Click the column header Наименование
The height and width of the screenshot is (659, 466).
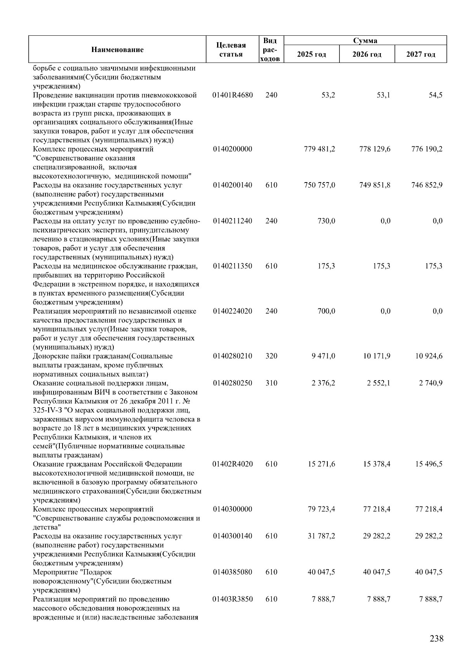pyautogui.click(x=117, y=49)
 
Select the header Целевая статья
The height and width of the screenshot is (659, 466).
pyautogui.click(x=231, y=50)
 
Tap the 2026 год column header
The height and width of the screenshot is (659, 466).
pyautogui.click(x=367, y=54)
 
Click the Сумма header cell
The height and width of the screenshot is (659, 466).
pyautogui.click(x=365, y=40)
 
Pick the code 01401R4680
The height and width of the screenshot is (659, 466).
pyautogui.click(x=233, y=95)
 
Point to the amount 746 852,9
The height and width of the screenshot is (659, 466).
pyautogui.click(x=427, y=185)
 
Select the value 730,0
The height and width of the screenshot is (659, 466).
pyautogui.click(x=327, y=221)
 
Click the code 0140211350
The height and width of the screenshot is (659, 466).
pyautogui.click(x=233, y=266)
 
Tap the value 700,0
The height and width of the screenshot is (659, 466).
pyautogui.click(x=327, y=311)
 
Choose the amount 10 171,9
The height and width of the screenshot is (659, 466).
pyautogui.click(x=377, y=356)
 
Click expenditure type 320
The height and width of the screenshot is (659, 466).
pyautogui.click(x=271, y=356)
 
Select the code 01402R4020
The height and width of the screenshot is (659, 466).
pyautogui.click(x=233, y=464)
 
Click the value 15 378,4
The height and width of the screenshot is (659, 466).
pyautogui.click(x=377, y=464)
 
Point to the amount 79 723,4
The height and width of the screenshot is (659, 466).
pyautogui.click(x=322, y=509)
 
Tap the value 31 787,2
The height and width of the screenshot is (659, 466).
pyautogui.click(x=322, y=536)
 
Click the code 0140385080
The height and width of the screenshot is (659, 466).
pyautogui.click(x=233, y=572)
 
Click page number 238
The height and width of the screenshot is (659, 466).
pyautogui.click(x=436, y=638)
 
